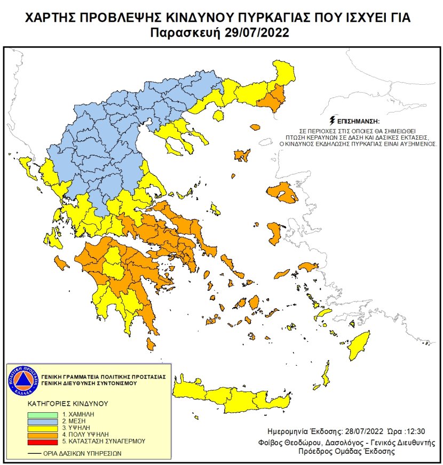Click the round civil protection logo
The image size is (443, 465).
[21, 380]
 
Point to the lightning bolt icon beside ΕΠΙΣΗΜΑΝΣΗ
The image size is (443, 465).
[334, 119]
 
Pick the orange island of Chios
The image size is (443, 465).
[275, 232]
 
